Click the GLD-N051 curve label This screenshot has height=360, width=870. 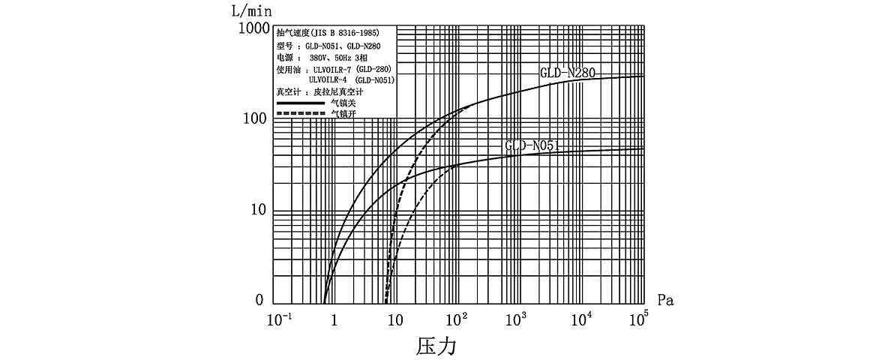pos(532,146)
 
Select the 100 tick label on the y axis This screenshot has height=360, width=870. pos(257,119)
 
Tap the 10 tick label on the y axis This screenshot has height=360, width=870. pos(261,211)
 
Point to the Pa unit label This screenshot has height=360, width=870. pos(666,301)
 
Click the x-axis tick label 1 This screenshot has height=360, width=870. pos(334,321)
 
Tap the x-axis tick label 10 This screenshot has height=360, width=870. pos(394,321)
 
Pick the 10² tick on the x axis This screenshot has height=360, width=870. pos(457,319)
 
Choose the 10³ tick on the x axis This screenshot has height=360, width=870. pos(519,319)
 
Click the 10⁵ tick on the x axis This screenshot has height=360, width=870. pos(639,319)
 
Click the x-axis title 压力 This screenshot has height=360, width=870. pos(436,346)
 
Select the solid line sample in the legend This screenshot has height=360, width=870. pos(299,103)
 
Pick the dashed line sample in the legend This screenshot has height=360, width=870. pos(299,114)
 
